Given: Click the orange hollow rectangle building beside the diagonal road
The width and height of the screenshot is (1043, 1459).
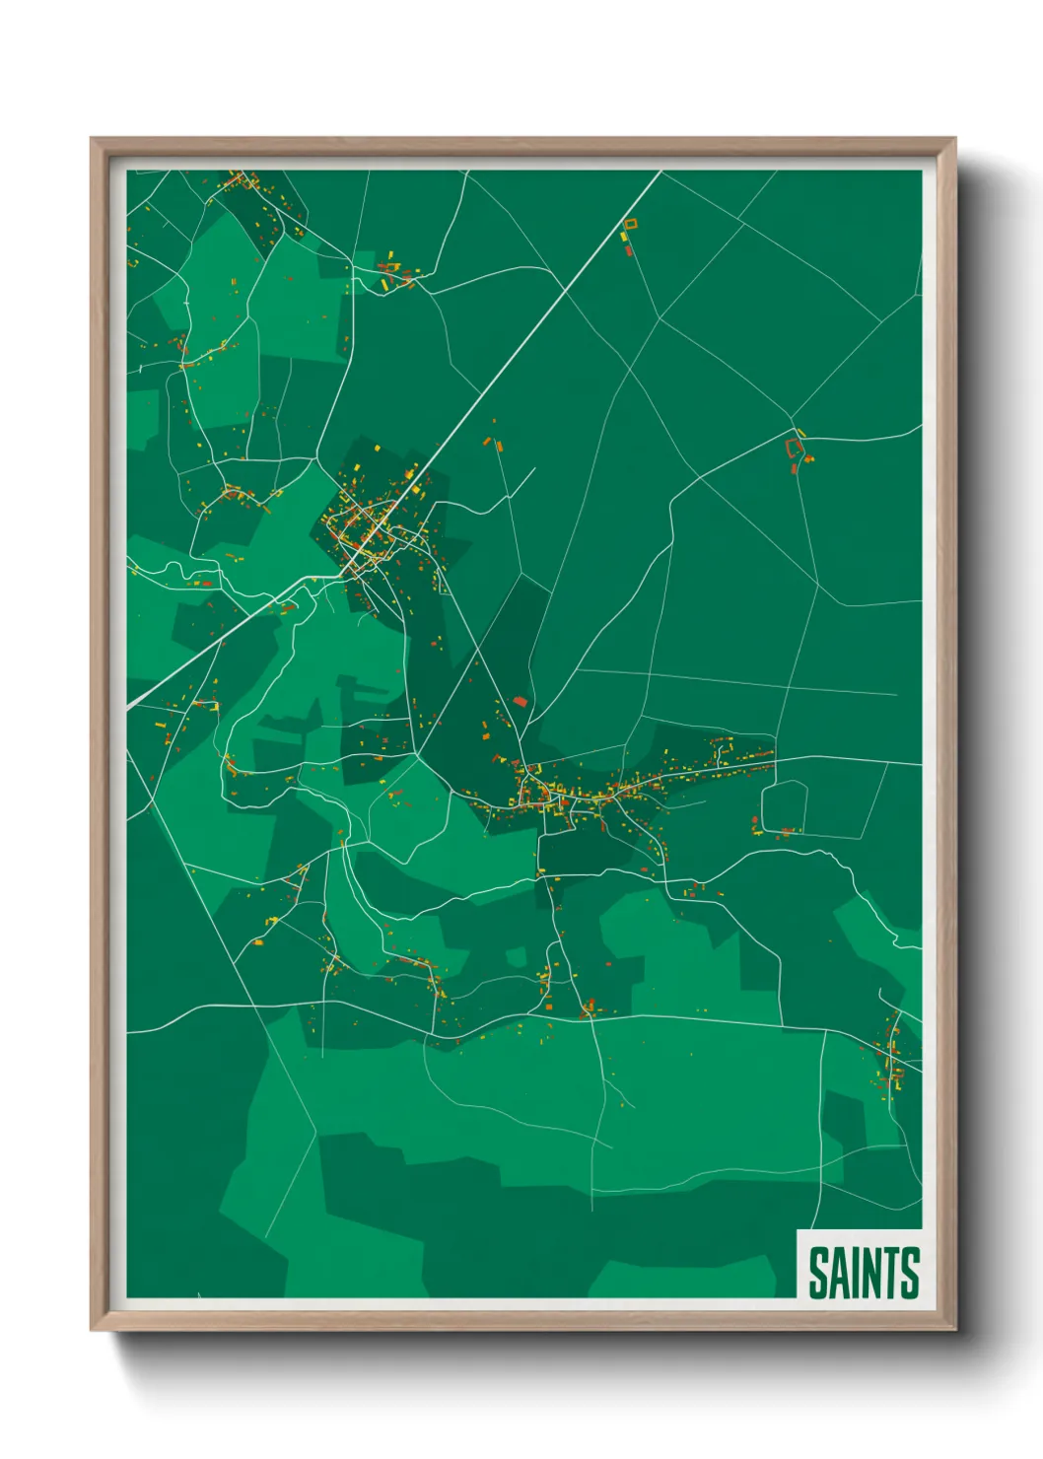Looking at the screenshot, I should [630, 224].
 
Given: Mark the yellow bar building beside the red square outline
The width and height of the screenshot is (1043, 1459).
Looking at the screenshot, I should [800, 433].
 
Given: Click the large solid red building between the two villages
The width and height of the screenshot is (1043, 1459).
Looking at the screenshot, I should [521, 702].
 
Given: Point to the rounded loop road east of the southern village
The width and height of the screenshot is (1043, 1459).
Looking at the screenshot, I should [785, 805].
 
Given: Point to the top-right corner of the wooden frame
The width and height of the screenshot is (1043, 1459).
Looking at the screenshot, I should [953, 140].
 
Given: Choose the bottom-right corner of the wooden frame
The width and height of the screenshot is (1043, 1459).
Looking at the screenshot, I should [953, 1328].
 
